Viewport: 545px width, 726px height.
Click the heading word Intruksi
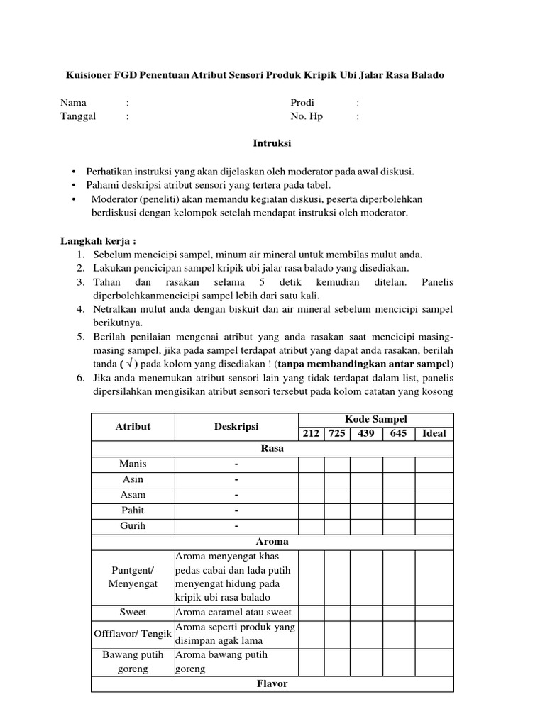point(272,143)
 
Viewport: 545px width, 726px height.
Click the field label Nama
point(73,103)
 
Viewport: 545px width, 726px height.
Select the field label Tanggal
point(78,116)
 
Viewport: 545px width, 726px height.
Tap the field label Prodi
point(302,103)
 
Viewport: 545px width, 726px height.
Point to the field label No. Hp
point(307,116)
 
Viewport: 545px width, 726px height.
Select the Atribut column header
point(133,426)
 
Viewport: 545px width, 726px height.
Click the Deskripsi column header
point(236,426)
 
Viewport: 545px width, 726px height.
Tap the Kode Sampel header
point(376,419)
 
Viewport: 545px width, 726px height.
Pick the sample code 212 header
point(311,433)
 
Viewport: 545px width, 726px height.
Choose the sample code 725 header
point(337,433)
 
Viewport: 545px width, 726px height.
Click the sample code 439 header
point(366,433)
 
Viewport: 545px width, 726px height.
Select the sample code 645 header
point(399,433)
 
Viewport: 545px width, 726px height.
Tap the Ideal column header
point(434,433)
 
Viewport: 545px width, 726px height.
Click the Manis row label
point(133,464)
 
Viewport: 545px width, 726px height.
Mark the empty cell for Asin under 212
point(311,479)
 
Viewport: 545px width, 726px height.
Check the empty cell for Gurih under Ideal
point(434,526)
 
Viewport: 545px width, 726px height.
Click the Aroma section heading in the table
point(272,542)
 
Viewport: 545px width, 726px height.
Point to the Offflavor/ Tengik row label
point(133,633)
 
